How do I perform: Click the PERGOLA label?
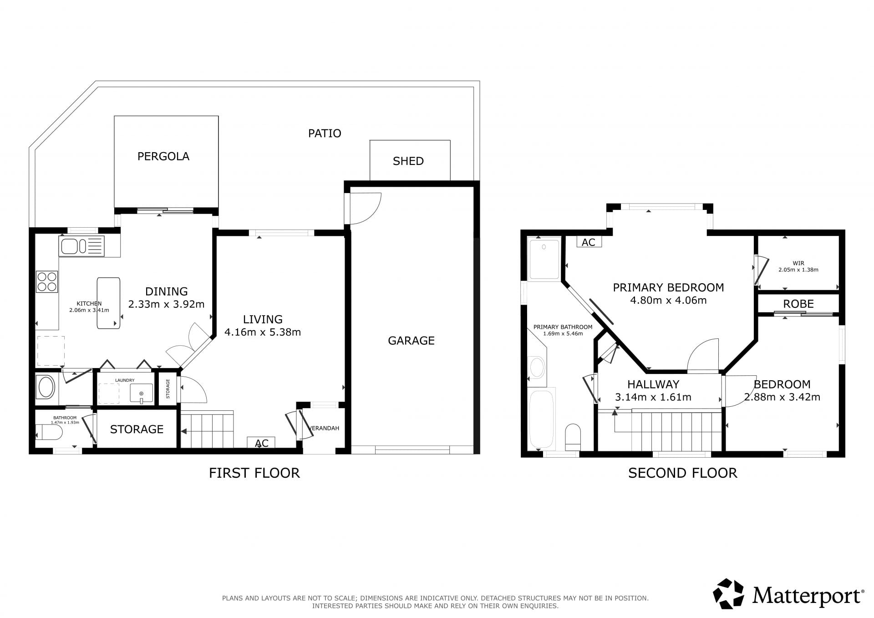(x=163, y=157)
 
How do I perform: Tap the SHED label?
(x=408, y=161)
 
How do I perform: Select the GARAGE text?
(x=411, y=341)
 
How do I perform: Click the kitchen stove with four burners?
(x=47, y=281)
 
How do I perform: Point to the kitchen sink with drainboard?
(x=81, y=246)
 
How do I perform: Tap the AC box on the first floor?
(x=261, y=443)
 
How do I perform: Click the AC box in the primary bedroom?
(x=589, y=242)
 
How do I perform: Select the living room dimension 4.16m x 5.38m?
(x=263, y=332)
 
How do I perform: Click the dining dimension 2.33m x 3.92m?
(x=166, y=304)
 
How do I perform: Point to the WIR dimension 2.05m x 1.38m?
(x=798, y=270)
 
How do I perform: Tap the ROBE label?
(x=798, y=304)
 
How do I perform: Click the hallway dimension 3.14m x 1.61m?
(x=653, y=397)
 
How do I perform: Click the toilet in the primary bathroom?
(x=573, y=435)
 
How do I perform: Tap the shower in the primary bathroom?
(x=544, y=259)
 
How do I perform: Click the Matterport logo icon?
(x=728, y=593)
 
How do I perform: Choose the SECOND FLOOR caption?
(x=682, y=473)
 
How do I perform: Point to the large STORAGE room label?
(x=137, y=429)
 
